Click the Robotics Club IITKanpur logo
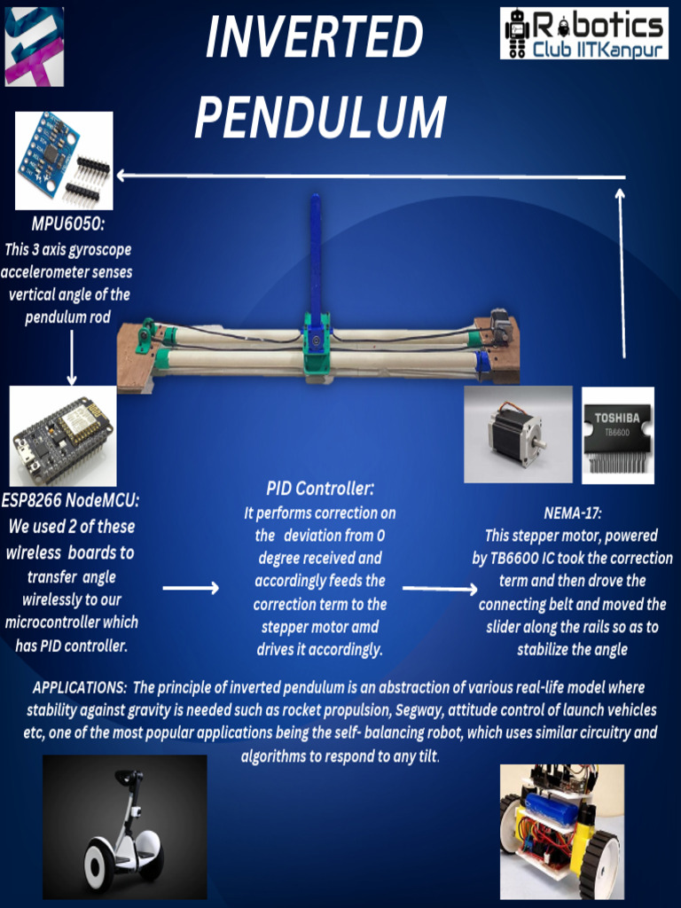click(x=583, y=34)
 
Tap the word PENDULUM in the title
click(x=320, y=116)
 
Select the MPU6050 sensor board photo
click(x=64, y=160)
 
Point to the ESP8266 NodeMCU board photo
click(x=64, y=435)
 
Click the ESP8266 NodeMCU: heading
click(x=70, y=500)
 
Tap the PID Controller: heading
click(x=320, y=489)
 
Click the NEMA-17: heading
click(x=572, y=513)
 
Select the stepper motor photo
click(x=518, y=434)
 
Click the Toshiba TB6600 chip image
click(x=617, y=434)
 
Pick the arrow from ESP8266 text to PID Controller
click(x=191, y=588)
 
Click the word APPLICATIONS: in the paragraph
click(x=80, y=687)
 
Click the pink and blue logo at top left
click(x=34, y=46)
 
